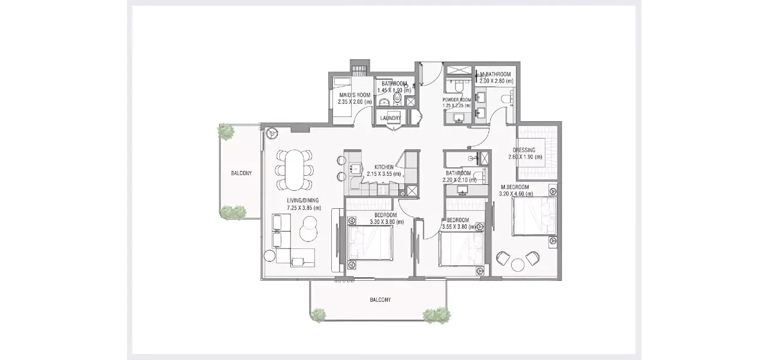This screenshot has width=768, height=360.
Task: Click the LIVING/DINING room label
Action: pos(303,200)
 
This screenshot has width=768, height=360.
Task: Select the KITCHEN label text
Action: pos(384,167)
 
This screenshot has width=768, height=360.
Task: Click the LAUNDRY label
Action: pos(390,118)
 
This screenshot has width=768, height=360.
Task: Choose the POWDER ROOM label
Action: pos(457,100)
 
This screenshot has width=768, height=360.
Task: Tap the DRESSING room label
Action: pos(524,150)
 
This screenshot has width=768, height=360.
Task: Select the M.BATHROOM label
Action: pos(496,74)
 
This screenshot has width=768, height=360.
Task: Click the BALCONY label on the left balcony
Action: pos(241,173)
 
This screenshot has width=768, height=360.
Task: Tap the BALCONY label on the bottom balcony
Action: pos(380,300)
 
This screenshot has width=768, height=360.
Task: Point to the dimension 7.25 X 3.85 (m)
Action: pos(304,208)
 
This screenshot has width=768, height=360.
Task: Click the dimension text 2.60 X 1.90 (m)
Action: pos(525,157)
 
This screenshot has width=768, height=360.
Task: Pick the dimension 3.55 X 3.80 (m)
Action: pos(458,227)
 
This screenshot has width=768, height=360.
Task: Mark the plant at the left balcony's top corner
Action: pos(226,131)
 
